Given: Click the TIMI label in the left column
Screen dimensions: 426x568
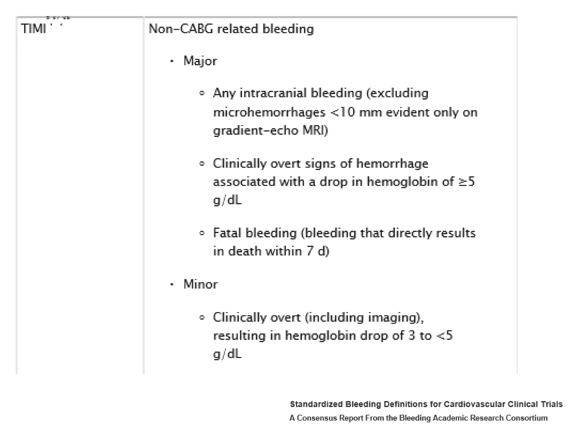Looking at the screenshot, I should click(33, 29).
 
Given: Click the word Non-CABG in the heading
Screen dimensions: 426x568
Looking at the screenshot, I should click(181, 29).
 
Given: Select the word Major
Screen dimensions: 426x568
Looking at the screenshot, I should click(200, 61).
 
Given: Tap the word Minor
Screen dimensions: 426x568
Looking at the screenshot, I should click(200, 284).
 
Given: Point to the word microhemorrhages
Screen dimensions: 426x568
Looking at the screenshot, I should click(269, 113).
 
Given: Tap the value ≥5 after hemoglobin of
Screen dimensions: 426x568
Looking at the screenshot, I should click(466, 182).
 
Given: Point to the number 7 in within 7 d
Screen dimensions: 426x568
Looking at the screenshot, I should click(310, 251).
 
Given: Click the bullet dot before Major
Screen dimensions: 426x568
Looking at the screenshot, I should click(172, 61).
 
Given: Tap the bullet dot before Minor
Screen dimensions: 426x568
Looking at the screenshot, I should click(172, 284).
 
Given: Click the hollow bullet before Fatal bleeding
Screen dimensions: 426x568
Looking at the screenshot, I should click(202, 233).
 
